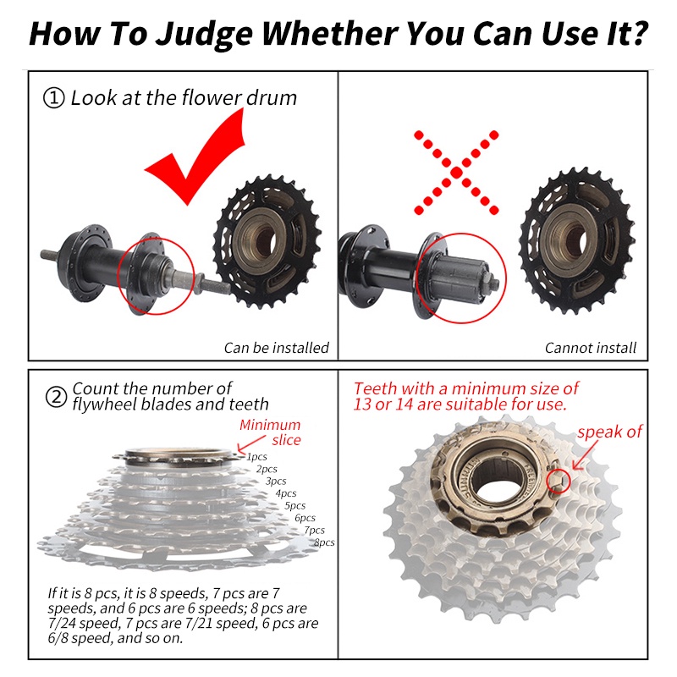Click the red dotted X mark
point(456,173)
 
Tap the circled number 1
point(54,98)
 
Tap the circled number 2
point(56,396)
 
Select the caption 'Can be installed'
point(277,348)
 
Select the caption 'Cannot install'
point(590,348)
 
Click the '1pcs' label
point(257,456)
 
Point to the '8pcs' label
point(324,542)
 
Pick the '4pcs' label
point(286,493)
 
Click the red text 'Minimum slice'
point(271,432)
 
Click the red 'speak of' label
point(609,432)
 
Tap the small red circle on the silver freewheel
point(559,481)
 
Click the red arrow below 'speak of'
point(585,455)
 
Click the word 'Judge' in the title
point(204,35)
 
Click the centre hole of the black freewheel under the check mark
point(265,241)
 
